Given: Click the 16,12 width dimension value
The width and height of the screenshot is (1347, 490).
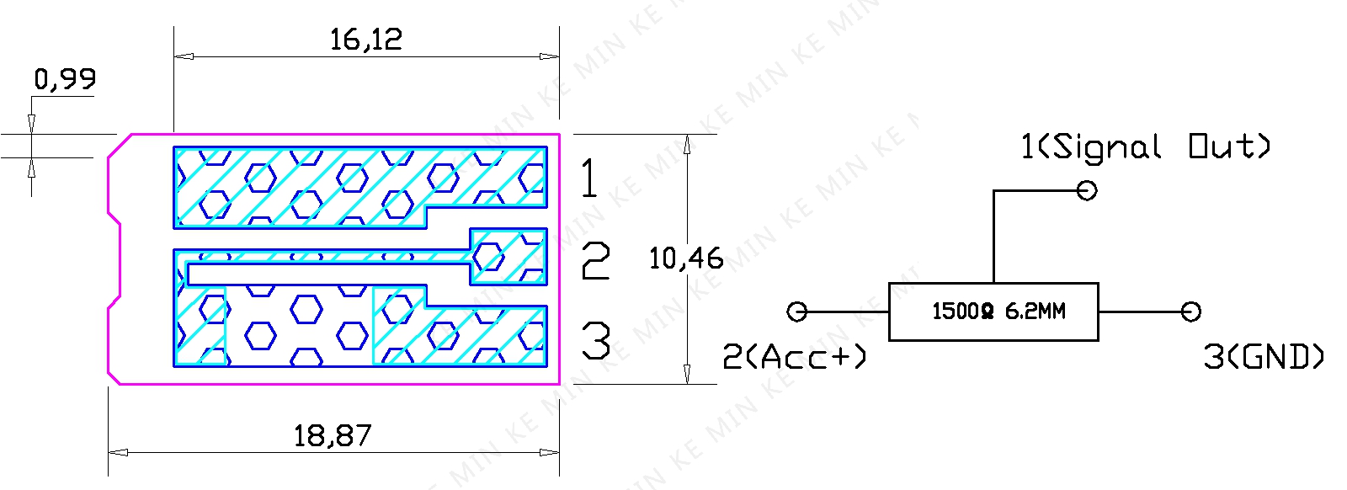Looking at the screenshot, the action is (366, 40).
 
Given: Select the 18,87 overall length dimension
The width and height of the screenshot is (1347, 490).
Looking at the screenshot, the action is (333, 436).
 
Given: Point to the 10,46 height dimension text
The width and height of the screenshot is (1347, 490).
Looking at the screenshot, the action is (686, 258).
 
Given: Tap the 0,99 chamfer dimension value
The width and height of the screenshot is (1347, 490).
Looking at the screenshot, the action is (65, 79).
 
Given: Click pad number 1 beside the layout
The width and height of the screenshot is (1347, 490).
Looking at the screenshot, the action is (590, 178).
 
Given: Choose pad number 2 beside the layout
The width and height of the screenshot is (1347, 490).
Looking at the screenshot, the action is (596, 260).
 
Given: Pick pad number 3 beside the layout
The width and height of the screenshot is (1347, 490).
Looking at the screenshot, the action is (596, 340).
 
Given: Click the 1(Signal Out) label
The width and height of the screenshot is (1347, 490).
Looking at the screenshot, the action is (1146, 147).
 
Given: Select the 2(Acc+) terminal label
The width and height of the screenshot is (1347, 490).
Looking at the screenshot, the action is (794, 356).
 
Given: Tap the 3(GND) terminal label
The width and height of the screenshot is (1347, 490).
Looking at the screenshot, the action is (1264, 356).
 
